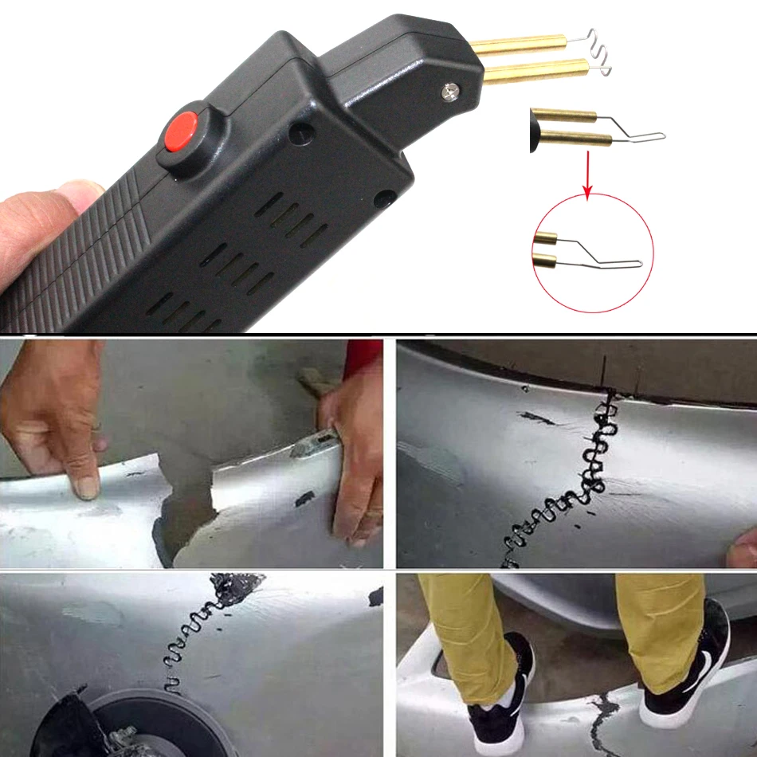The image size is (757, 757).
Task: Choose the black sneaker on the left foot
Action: pyautogui.click(x=498, y=697)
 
